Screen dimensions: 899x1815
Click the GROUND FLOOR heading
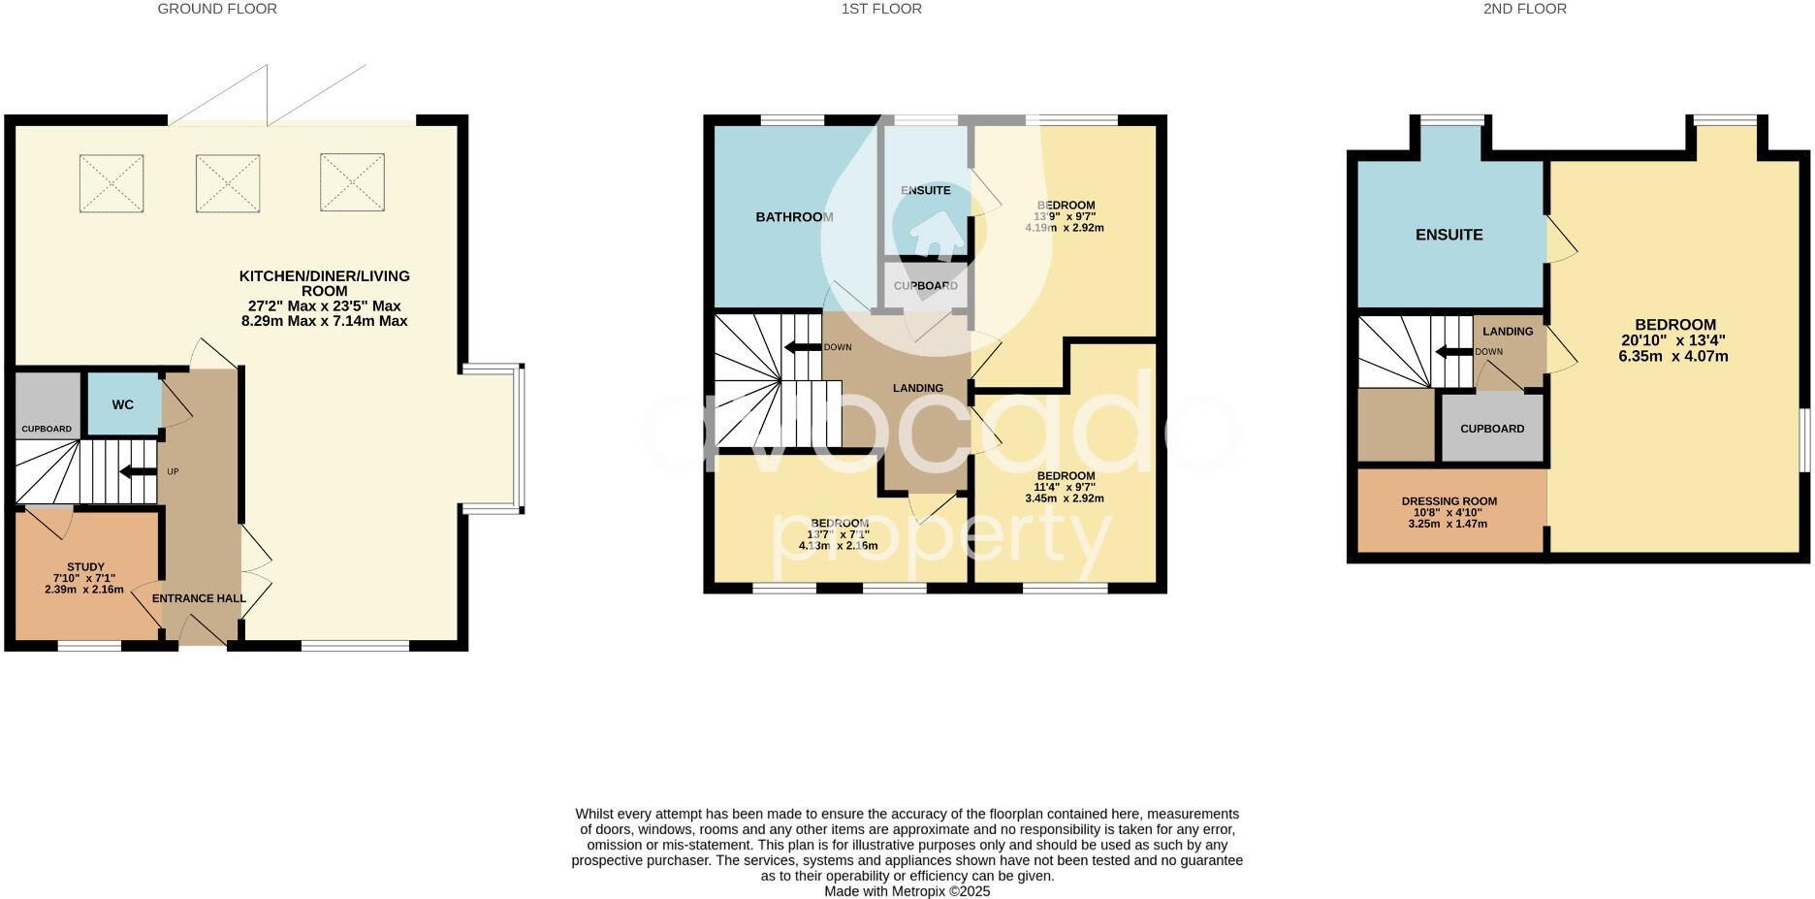[x=217, y=9]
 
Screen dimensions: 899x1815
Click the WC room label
[x=122, y=404]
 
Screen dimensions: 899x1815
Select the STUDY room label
[x=85, y=567]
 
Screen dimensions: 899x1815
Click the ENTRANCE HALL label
[x=199, y=598]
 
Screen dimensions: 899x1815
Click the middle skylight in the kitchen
[x=228, y=183]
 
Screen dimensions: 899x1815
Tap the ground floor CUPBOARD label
[x=47, y=429]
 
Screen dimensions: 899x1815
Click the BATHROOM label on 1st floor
[x=794, y=217]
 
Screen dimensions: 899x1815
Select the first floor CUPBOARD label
[x=925, y=286]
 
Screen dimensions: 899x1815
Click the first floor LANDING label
[x=917, y=388]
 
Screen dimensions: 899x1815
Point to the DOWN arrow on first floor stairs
[x=803, y=347]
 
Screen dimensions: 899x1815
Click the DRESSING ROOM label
[x=1449, y=501]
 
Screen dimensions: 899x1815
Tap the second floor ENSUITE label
[x=1449, y=235]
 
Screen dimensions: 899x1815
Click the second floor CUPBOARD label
[x=1492, y=429]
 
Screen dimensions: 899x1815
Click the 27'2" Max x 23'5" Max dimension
[x=324, y=305]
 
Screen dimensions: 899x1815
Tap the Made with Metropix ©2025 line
[x=907, y=891]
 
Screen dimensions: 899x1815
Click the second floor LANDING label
[x=1508, y=332]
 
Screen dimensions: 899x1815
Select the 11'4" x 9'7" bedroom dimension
[x=1065, y=487]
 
